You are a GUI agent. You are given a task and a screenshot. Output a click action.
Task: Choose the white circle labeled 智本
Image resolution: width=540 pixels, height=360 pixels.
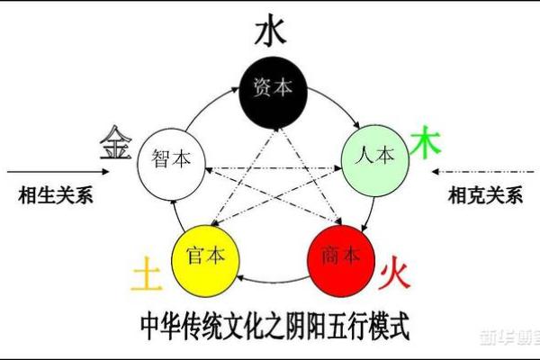point(171,160)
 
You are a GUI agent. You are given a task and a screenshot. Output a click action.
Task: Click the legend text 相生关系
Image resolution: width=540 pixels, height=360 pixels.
point(56,193)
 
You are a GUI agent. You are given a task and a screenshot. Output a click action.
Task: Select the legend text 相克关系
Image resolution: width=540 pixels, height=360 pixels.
point(484,193)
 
